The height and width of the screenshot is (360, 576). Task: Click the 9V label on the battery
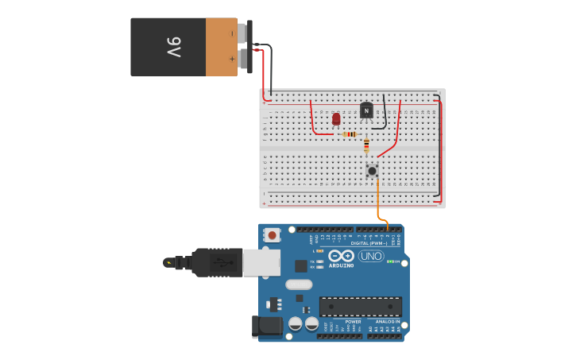174,47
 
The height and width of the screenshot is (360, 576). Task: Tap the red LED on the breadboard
336,118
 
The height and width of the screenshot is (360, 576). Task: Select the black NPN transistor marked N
366,110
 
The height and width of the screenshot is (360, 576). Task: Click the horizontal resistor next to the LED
350,134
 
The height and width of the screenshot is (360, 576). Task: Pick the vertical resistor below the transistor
366,145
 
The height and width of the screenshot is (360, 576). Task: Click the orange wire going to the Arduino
378,202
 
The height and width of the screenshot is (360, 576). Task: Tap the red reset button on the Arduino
273,234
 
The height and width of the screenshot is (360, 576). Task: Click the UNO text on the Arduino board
371,256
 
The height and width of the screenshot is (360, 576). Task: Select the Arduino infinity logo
342,256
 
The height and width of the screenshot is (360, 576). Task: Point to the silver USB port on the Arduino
261,262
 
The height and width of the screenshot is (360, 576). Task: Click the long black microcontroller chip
360,306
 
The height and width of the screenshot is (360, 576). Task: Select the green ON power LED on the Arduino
389,261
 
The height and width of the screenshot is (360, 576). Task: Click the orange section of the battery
221,47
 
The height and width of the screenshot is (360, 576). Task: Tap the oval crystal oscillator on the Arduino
299,285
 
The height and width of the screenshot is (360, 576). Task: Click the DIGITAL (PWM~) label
369,243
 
